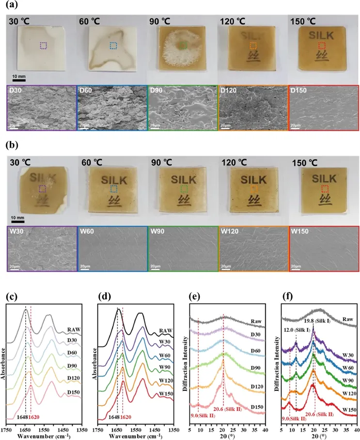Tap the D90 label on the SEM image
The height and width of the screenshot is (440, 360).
pos(156,90)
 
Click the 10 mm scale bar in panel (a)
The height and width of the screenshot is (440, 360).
pos(19,78)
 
